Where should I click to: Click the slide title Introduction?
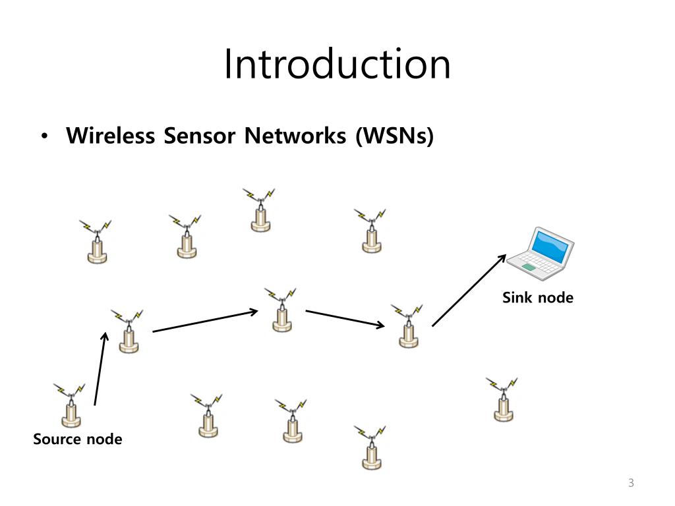337,64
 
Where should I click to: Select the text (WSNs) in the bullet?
394,136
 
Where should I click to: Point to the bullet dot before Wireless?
44,137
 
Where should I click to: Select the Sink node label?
537,298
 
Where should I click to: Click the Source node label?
78,439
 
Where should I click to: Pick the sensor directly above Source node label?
71,405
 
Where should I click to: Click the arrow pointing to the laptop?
469,290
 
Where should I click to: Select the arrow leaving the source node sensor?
100,368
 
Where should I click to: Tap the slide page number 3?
631,484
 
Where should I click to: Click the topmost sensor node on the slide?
260,210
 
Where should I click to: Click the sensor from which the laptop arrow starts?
408,327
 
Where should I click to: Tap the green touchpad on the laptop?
530,267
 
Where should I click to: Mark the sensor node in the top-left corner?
97,242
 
